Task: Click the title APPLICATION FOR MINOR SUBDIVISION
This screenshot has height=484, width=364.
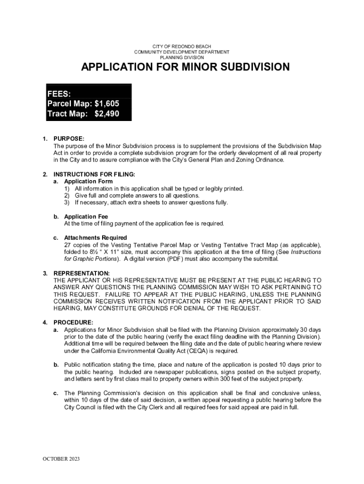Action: coord(185,68)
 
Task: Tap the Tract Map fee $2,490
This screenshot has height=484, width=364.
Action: coord(107,114)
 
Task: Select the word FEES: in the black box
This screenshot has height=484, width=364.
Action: coord(59,93)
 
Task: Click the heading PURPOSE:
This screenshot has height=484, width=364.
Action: coord(69,139)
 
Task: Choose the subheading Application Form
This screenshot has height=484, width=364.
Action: coord(88,181)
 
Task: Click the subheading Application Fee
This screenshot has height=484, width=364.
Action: coord(86,216)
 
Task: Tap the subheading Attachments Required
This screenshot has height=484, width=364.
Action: coord(95,238)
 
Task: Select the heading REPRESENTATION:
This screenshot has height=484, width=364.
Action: coord(82,273)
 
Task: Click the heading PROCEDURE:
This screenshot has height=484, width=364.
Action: coord(73,322)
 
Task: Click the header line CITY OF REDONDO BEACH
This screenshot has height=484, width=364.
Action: coord(182,46)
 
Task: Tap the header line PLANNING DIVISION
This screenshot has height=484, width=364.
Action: coord(182,57)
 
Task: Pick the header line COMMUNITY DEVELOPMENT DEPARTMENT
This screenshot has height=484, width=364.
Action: coord(182,52)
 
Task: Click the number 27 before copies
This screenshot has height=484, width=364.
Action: coord(68,245)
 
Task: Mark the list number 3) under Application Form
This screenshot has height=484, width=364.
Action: coord(68,203)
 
